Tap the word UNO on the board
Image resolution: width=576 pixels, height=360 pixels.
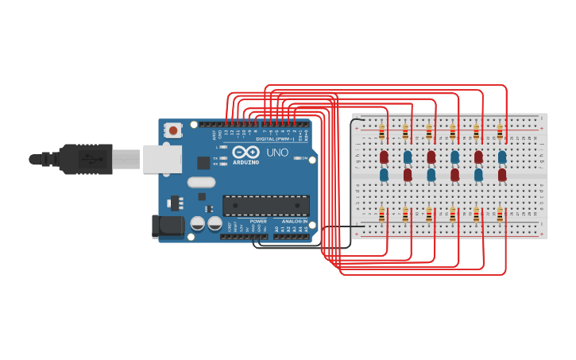[x=277, y=152]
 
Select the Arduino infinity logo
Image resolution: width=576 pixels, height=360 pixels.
[x=246, y=152]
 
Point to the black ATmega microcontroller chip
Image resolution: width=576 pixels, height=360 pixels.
[x=265, y=206]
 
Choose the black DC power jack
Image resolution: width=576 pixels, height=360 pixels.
[x=168, y=226]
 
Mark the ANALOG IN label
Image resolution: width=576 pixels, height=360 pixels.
[x=293, y=221]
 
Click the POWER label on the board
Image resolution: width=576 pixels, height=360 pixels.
[x=258, y=221]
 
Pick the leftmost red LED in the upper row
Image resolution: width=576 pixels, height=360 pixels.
[x=384, y=157]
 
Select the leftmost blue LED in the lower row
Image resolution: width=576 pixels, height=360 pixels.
[x=384, y=174]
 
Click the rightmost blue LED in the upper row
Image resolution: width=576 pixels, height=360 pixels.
[x=502, y=157]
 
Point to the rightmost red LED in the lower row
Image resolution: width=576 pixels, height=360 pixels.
[x=502, y=174]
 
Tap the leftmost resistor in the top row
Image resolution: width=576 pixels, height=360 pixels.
[x=382, y=132]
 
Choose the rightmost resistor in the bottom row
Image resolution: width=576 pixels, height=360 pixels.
[x=500, y=214]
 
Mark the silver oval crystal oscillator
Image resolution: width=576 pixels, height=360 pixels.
[x=202, y=182]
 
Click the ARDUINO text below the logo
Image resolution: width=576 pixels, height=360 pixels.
[x=245, y=162]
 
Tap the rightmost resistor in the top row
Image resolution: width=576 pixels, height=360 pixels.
[x=500, y=132]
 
